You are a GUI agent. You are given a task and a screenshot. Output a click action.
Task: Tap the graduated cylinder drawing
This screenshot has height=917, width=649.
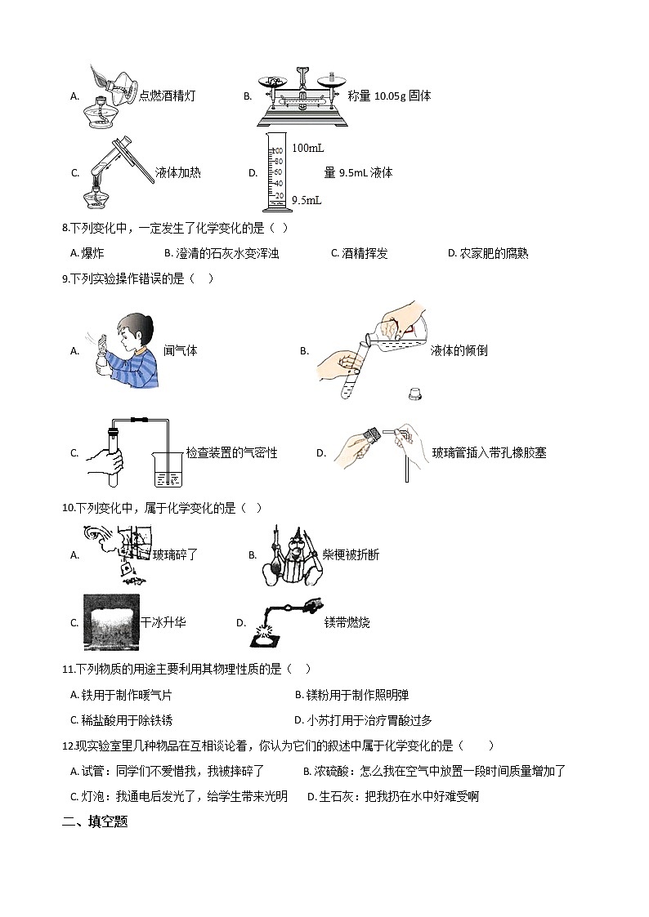(x=275, y=172)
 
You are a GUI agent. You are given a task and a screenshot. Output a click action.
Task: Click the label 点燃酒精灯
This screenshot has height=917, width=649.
(x=168, y=96)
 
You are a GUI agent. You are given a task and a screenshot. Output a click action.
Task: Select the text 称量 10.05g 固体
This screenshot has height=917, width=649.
(x=389, y=96)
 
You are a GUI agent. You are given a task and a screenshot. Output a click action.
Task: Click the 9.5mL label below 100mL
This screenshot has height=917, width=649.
(x=307, y=199)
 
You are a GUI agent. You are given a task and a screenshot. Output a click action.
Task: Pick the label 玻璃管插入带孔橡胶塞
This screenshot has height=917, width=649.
(x=489, y=453)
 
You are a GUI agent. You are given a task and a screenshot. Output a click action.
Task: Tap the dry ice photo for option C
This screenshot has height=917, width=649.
(x=110, y=622)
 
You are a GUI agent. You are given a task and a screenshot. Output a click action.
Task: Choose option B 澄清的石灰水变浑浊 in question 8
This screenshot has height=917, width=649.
(x=222, y=254)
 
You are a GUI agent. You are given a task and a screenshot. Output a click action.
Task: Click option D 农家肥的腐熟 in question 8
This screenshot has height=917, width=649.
(x=488, y=254)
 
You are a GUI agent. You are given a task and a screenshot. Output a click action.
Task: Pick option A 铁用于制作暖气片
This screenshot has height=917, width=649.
(x=122, y=696)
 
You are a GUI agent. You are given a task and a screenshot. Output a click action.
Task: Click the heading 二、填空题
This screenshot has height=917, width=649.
(x=95, y=822)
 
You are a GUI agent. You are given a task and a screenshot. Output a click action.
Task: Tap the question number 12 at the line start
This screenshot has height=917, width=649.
(x=68, y=746)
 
